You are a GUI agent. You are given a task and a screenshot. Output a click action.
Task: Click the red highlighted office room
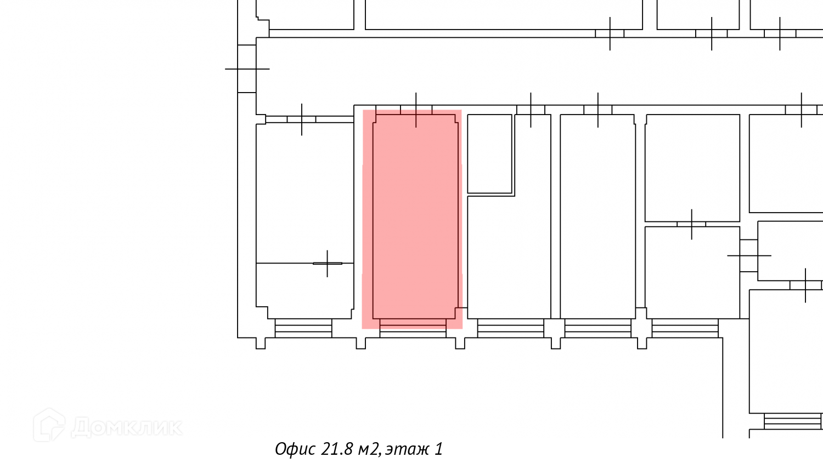tap(412, 219)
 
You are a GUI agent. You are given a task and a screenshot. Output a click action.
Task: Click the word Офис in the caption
tap(295, 449)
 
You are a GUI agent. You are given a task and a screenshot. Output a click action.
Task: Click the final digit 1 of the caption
tap(439, 449)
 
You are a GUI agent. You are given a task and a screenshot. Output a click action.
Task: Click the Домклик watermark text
tap(127, 427)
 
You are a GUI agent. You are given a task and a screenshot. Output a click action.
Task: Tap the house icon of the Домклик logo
tap(49, 425)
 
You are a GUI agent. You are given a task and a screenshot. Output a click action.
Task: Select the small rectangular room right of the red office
tap(489, 154)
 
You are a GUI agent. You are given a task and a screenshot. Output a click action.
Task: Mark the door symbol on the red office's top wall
tap(416, 110)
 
